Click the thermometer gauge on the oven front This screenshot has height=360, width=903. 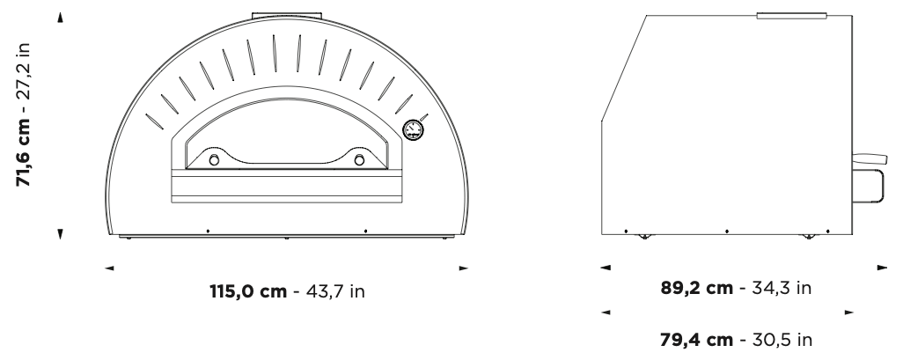pos(413,129)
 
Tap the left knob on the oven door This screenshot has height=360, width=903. pos(214,160)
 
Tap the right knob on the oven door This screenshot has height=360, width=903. pos(359,159)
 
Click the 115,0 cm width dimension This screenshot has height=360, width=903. pos(248,290)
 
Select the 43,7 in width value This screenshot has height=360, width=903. pos(335,290)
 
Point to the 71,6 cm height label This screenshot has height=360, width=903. pos(23,153)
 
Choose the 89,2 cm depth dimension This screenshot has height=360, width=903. pos(697,288)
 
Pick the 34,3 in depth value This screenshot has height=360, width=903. pos(782,288)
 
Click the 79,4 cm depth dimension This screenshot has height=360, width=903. pos(697,340)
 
